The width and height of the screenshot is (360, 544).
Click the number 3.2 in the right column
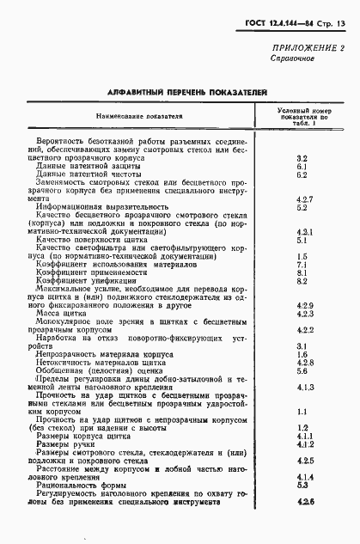point(302,158)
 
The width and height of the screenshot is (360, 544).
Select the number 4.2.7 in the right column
point(302,199)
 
